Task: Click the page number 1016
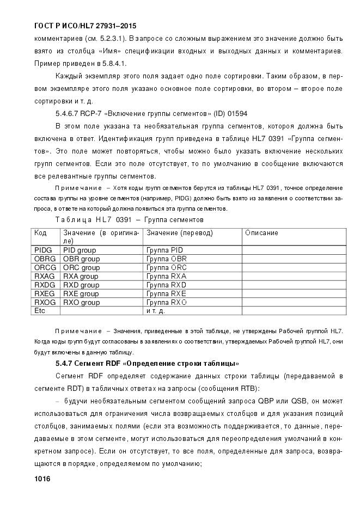(42, 479)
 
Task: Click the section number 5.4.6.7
(68, 114)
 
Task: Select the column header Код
(41, 233)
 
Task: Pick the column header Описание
(261, 233)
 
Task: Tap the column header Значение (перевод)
(179, 233)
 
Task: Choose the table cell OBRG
(45, 259)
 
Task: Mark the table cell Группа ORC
(167, 268)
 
